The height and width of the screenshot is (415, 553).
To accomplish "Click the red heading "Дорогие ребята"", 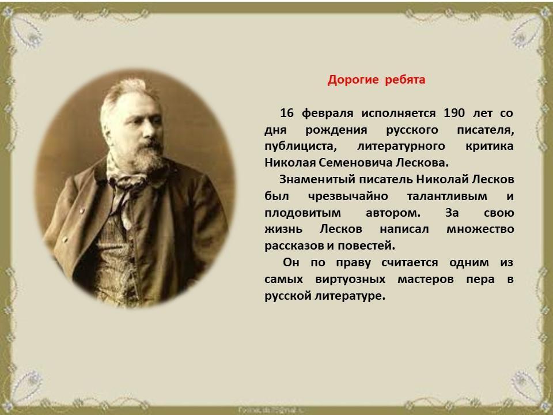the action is pos(376,80).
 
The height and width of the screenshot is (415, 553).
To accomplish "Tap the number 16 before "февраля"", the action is pos(287,113).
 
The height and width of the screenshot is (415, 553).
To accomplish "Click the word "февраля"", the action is pos(327,114).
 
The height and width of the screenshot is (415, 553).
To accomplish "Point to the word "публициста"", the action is pos(299,146).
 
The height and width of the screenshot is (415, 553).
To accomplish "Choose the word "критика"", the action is pos(490,146).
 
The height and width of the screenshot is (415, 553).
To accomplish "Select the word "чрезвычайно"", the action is pos(348,196).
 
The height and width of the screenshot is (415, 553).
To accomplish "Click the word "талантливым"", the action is pos(447,196).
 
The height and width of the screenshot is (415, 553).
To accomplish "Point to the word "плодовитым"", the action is pos(302,213).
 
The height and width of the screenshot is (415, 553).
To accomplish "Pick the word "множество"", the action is pos(480,229).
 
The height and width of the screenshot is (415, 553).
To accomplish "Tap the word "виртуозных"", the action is pos(350,280).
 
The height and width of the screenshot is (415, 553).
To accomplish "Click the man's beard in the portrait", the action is pos(148,157).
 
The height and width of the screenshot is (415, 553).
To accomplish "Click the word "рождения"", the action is pos(336,130).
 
